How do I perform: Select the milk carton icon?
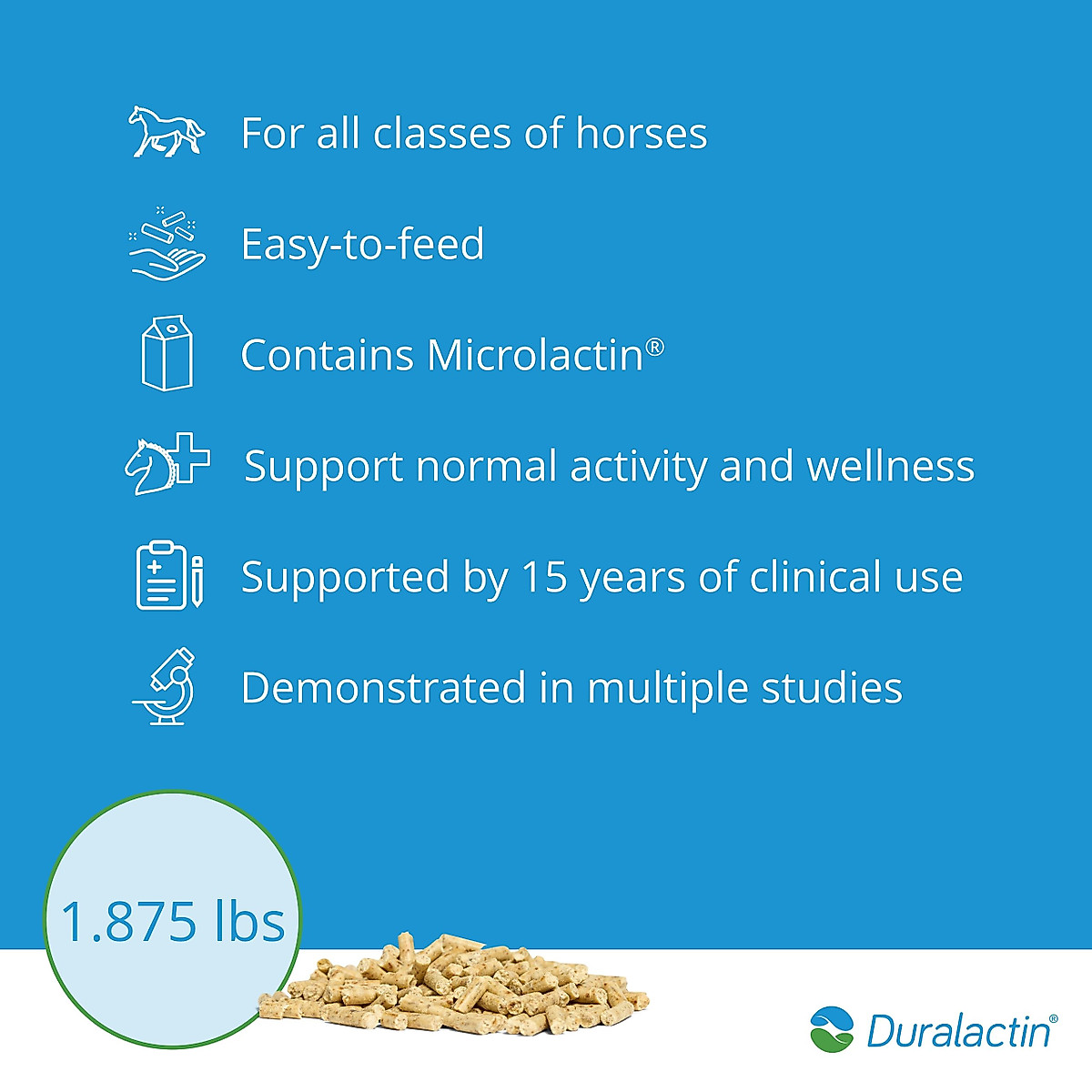167,353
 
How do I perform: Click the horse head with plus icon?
167,463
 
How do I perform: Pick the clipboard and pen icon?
169,575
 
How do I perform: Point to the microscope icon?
165,686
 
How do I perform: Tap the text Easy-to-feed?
362,245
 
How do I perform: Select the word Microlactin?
535,355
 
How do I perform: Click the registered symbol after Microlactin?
654,347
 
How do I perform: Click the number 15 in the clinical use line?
544,577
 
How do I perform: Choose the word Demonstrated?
383,688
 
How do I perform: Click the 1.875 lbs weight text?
173,921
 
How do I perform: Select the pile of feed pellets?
455,987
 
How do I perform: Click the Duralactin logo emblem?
832,1029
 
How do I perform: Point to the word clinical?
815,577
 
